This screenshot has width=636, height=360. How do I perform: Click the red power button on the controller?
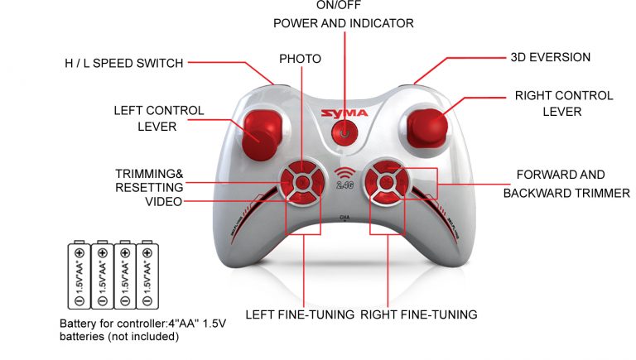[x=344, y=132]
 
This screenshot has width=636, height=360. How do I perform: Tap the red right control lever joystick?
[x=427, y=127]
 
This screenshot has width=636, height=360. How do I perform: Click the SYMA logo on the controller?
[x=344, y=113]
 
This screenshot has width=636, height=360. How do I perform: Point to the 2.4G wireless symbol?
[x=344, y=178]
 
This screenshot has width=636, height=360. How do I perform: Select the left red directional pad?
[x=302, y=182]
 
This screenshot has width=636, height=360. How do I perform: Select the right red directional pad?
[x=387, y=182]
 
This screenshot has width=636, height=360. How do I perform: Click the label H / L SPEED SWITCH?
[x=124, y=63]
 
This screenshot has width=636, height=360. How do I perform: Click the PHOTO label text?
[x=300, y=59]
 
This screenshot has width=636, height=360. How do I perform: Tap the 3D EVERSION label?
[x=551, y=57]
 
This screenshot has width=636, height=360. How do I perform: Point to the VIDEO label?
[x=164, y=201]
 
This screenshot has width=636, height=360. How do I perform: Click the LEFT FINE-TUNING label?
[x=300, y=314]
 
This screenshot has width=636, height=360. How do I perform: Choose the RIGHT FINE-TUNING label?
[x=418, y=314]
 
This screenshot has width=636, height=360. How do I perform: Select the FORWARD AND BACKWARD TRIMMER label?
[x=566, y=184]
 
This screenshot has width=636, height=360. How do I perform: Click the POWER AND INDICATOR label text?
[x=344, y=23]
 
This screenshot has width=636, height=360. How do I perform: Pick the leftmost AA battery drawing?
[x=79, y=275]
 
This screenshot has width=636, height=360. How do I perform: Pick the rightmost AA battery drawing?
[x=147, y=275]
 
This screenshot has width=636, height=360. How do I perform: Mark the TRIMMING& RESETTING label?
[x=149, y=180]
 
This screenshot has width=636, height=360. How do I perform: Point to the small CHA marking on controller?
[x=344, y=218]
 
